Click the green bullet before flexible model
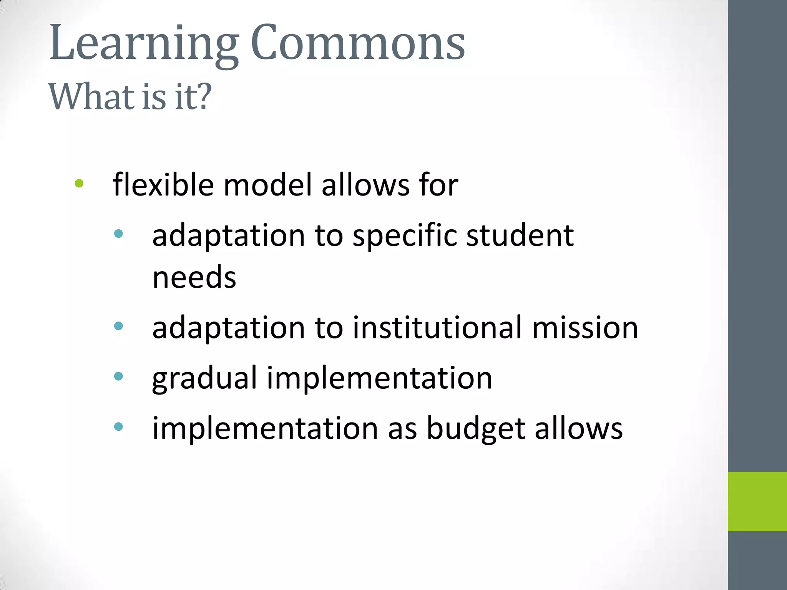click(79, 184)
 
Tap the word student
click(520, 235)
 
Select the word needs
click(194, 277)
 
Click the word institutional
click(438, 328)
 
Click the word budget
click(476, 428)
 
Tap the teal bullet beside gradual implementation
click(119, 376)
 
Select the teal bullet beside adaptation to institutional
click(119, 326)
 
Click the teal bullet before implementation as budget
click(119, 426)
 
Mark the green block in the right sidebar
click(757, 501)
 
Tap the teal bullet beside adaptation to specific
click(119, 234)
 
